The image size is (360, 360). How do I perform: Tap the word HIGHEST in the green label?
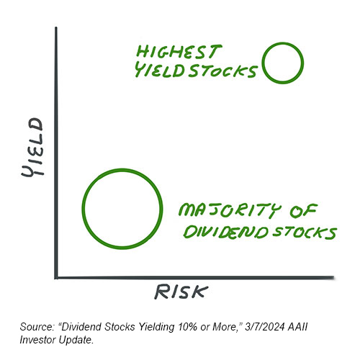(179, 52)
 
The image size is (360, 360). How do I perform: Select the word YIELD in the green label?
(159, 70)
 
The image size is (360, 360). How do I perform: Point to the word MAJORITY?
(230, 210)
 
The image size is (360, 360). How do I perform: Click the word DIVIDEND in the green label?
(226, 232)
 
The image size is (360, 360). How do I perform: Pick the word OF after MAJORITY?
(304, 210)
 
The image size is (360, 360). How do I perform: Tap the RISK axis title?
(181, 292)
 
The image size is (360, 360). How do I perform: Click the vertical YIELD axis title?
(32, 148)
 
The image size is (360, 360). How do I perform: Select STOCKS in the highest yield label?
(222, 71)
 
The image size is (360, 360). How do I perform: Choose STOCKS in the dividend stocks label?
(305, 233)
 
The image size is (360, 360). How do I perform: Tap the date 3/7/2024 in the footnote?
(264, 327)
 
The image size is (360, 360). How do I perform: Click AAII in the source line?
(297, 327)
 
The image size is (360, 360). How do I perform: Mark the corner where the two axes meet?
(56, 278)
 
